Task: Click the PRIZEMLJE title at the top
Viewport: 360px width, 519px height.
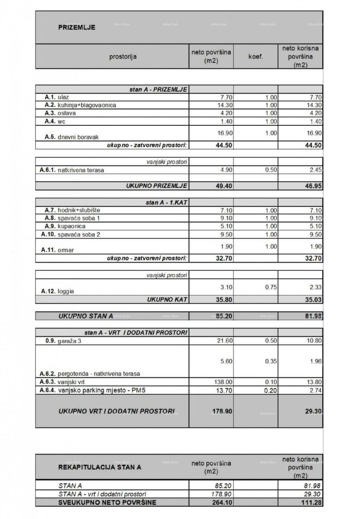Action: [76, 28]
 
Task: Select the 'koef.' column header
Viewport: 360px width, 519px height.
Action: [255, 56]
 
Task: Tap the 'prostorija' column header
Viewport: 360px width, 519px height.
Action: [123, 56]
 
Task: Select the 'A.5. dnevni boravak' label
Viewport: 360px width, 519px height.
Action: [71, 137]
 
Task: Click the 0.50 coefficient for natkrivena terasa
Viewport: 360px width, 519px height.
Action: [270, 170]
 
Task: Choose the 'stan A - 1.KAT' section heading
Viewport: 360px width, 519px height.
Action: [166, 202]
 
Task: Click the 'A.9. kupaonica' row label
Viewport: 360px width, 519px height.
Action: [65, 226]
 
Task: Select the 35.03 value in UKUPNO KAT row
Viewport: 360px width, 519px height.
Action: [313, 299]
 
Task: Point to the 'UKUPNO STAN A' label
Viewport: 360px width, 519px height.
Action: [86, 316]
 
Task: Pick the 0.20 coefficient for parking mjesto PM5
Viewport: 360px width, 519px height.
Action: [270, 391]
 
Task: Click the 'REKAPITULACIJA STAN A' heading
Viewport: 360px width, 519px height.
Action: [99, 467]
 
